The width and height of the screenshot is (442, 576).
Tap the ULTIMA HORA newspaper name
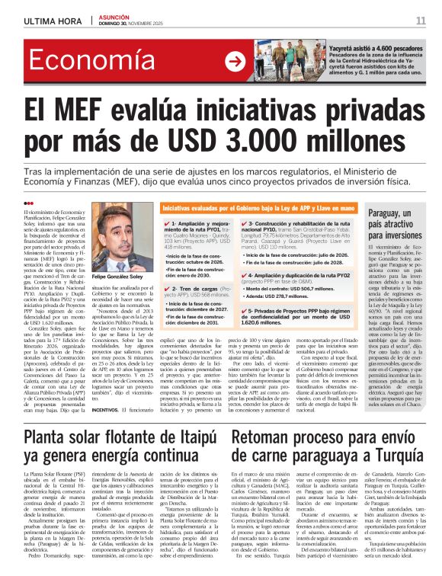click(48, 21)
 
